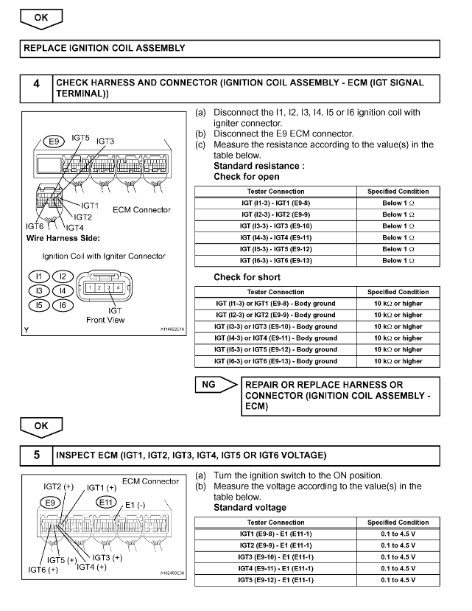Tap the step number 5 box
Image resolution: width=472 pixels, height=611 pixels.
tap(36, 455)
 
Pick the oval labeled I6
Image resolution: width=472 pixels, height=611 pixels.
tap(63, 304)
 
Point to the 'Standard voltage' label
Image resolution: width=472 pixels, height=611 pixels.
tap(250, 508)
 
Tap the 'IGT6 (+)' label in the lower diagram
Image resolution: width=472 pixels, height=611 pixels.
tap(43, 570)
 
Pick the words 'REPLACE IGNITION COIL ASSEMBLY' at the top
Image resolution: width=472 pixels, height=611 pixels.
tap(104, 49)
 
